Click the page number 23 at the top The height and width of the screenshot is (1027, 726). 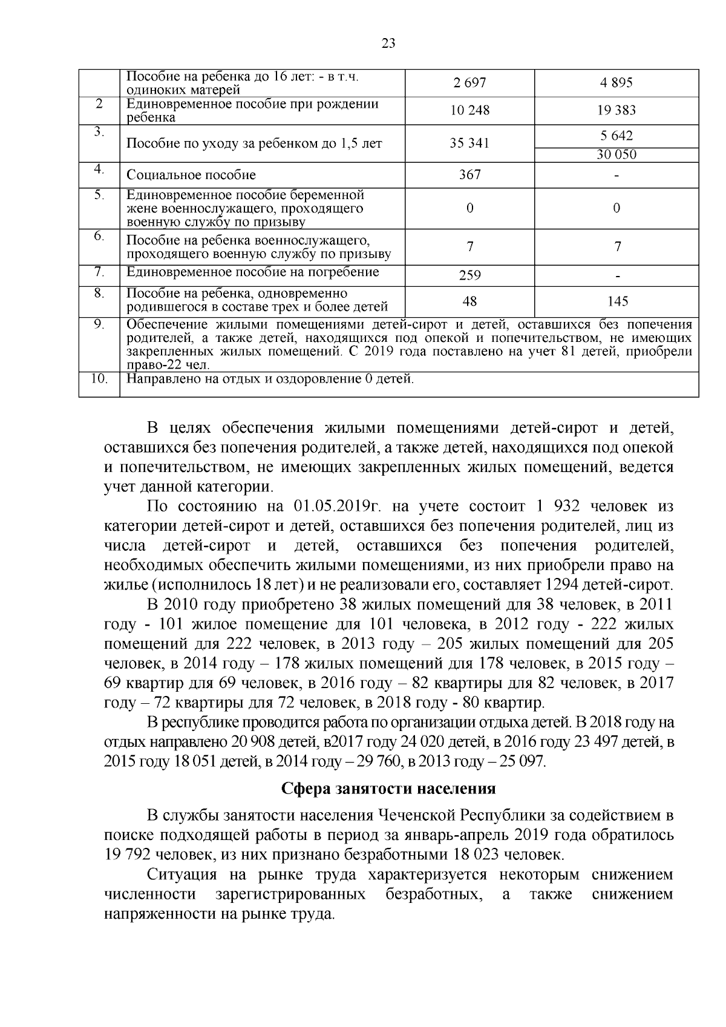pyautogui.click(x=388, y=43)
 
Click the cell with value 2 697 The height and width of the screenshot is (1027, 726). pyautogui.click(x=469, y=83)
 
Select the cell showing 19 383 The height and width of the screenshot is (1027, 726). pyautogui.click(x=616, y=110)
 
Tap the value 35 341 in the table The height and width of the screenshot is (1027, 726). pyautogui.click(x=469, y=143)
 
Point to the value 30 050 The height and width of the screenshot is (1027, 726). pyautogui.click(x=616, y=154)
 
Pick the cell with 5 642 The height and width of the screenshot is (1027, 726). pyautogui.click(x=616, y=136)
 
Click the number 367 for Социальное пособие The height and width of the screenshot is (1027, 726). pyautogui.click(x=469, y=175)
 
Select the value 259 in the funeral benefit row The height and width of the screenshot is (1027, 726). pyautogui.click(x=469, y=275)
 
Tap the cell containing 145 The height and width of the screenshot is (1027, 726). pyautogui.click(x=616, y=301)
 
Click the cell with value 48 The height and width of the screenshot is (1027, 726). pyautogui.click(x=469, y=301)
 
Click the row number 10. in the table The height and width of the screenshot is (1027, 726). pyautogui.click(x=99, y=379)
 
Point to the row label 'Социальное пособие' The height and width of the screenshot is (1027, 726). pyautogui.click(x=191, y=175)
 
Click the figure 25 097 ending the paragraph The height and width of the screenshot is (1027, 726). pyautogui.click(x=523, y=761)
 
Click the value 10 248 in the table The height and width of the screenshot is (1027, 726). pyautogui.click(x=469, y=110)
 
